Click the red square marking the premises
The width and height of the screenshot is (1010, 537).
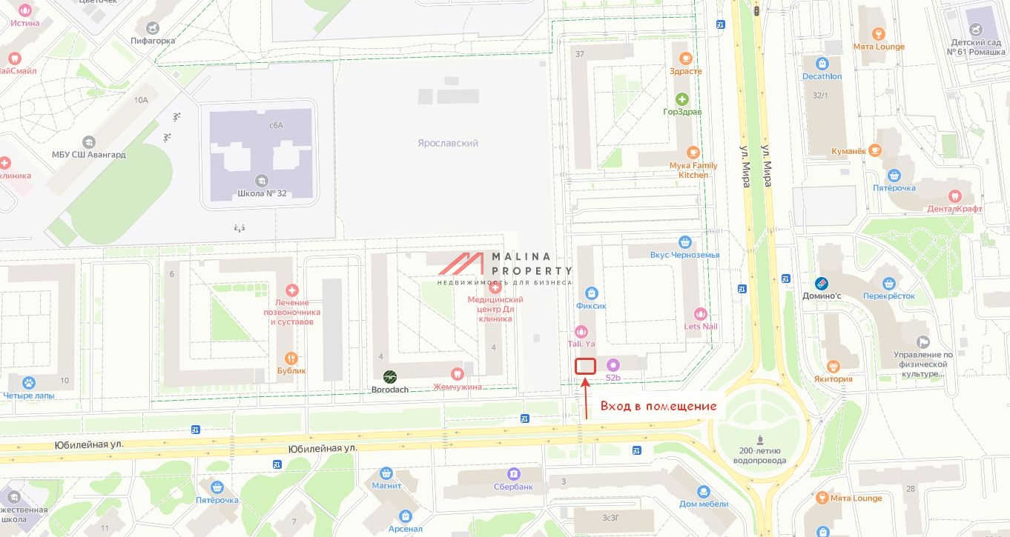point(586,366)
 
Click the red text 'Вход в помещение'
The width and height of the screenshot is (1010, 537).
point(659,406)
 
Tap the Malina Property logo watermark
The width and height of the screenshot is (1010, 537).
point(505,267)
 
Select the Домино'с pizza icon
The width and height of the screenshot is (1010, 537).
point(822,283)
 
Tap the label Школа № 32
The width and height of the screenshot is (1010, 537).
point(261,193)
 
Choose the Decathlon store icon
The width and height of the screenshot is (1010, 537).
point(822,64)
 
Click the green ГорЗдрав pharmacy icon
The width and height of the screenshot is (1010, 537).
point(681,99)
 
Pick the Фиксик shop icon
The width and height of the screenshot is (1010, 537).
point(591,293)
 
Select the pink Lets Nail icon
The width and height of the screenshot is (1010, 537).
point(700,314)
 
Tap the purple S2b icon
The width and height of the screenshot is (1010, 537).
point(613,365)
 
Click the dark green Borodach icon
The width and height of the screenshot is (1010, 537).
point(389,377)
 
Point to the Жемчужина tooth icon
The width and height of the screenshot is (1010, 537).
point(458,374)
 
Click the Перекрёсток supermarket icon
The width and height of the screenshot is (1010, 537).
point(889,283)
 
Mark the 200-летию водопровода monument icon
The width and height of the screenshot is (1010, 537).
point(757,438)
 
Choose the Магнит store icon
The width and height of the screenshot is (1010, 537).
point(386,473)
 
